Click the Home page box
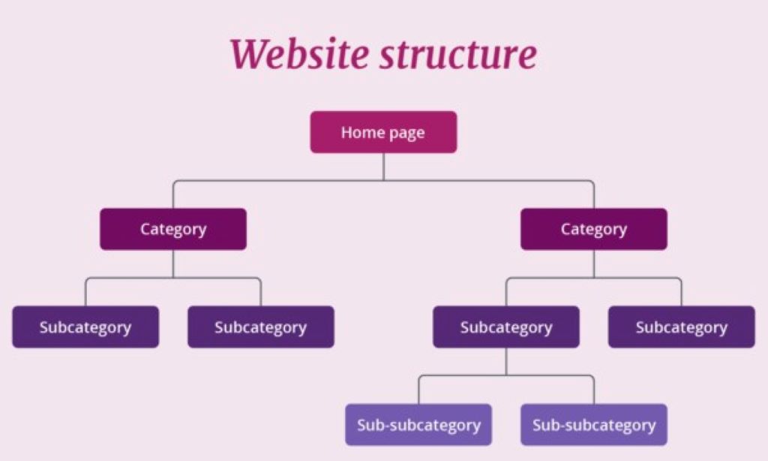(383, 132)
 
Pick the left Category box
(173, 229)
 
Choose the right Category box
(593, 229)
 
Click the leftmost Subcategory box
(85, 327)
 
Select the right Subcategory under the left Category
(260, 327)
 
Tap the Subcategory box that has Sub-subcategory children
(506, 327)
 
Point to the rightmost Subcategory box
(681, 327)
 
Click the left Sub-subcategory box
(418, 425)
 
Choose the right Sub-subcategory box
(593, 425)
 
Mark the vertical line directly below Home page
(383, 167)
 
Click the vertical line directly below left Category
(173, 264)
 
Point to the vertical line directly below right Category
(593, 264)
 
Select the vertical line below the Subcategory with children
(506, 361)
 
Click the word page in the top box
(407, 134)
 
